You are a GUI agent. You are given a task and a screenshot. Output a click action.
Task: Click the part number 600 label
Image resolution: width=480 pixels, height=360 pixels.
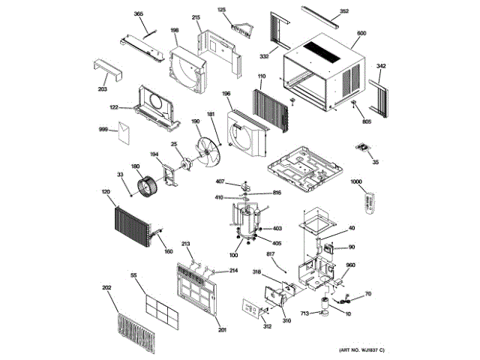(361, 34)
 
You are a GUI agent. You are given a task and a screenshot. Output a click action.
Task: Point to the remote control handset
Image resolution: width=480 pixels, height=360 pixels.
(368, 202)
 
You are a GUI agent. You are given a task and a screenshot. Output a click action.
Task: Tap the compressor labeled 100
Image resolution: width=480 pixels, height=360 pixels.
(247, 221)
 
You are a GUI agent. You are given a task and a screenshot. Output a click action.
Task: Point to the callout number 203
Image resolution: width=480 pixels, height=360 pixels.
(103, 89)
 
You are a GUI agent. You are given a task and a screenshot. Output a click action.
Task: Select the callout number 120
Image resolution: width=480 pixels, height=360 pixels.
(106, 192)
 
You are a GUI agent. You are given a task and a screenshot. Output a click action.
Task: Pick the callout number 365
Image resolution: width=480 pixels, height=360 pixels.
(139, 14)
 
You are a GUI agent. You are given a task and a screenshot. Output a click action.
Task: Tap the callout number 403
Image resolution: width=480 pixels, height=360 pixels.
(277, 229)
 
